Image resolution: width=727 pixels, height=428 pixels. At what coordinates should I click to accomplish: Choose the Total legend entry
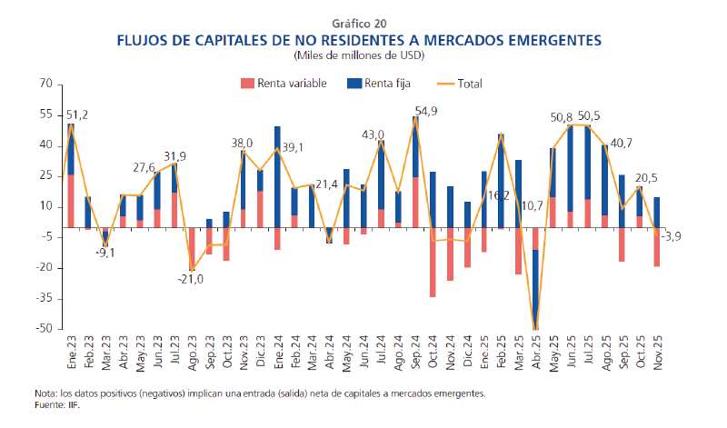[460, 84]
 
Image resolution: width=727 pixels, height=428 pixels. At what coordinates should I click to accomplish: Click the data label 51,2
[77, 114]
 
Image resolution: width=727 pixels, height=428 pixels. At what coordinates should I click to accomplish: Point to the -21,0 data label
[190, 279]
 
